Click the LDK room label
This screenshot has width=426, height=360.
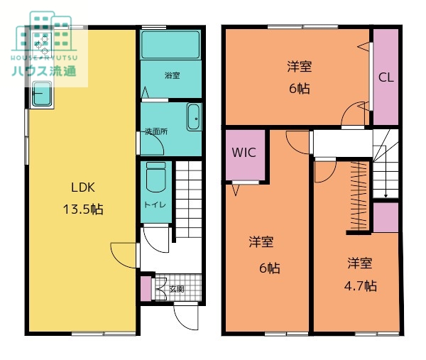(83, 187)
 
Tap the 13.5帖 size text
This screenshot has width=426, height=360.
(83, 209)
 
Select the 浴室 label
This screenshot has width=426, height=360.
(172, 75)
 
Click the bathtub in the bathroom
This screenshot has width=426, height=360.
(170, 45)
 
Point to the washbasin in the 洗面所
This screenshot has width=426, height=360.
(193, 117)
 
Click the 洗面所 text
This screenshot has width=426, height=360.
(156, 132)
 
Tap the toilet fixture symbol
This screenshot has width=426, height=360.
(155, 177)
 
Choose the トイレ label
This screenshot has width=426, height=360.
(155, 204)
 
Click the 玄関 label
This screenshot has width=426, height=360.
(177, 289)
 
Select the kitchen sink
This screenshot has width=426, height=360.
(42, 94)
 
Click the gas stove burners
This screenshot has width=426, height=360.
(42, 43)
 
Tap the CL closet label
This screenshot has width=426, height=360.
(386, 77)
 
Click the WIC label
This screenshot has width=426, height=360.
(244, 153)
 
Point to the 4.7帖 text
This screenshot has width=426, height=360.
(360, 286)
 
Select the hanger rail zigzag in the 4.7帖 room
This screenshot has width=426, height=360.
(359, 196)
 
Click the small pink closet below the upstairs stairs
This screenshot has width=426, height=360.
(386, 217)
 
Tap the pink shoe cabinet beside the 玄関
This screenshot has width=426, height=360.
(146, 288)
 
